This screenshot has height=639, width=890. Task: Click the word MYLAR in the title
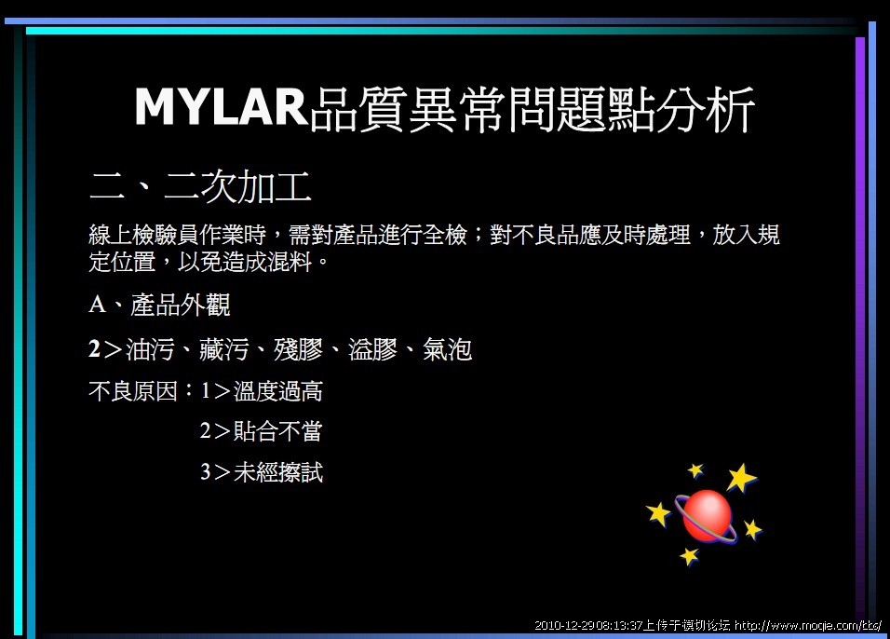[222, 106]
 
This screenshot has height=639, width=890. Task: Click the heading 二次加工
[238, 186]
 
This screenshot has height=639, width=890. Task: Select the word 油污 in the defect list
[150, 349]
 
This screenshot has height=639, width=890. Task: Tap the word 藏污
[224, 349]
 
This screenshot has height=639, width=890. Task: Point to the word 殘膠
[299, 349]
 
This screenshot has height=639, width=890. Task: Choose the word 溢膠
[373, 349]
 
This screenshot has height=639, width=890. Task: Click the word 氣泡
[447, 349]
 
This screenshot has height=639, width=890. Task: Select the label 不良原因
[133, 391]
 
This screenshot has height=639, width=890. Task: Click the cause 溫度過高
[278, 391]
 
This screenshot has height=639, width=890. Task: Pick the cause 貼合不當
[278, 431]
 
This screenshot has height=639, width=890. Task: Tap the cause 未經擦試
[278, 472]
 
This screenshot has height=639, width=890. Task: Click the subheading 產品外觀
[181, 305]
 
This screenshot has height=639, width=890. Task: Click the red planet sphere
[707, 516]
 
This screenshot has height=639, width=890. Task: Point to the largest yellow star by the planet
[742, 478]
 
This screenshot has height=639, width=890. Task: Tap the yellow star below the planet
[690, 556]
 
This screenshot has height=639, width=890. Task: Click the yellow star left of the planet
[659, 514]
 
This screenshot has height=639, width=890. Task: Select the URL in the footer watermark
[808, 625]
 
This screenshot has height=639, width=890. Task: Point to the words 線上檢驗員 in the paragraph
[144, 235]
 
